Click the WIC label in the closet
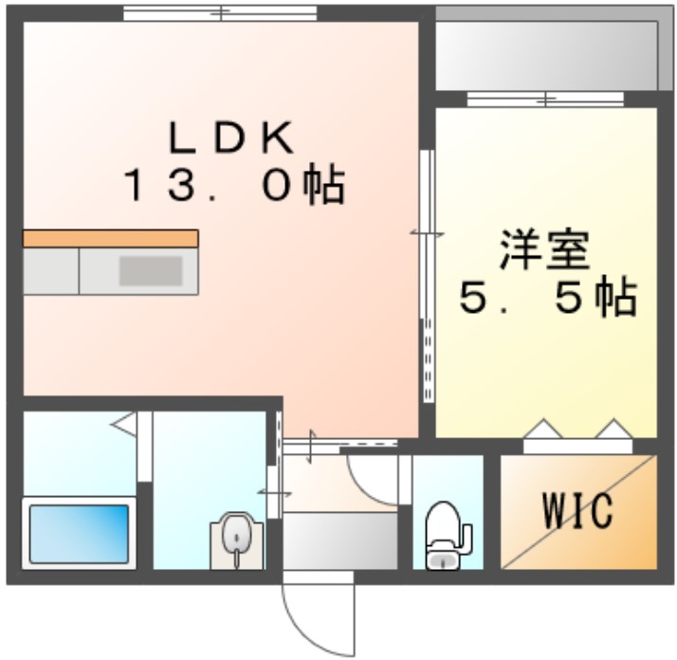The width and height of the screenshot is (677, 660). [577, 513]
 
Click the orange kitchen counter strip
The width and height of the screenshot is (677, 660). [111, 238]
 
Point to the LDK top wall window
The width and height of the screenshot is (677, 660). [220, 13]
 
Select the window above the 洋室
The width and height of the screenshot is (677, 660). [546, 99]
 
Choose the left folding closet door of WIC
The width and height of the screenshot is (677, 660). [542, 431]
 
